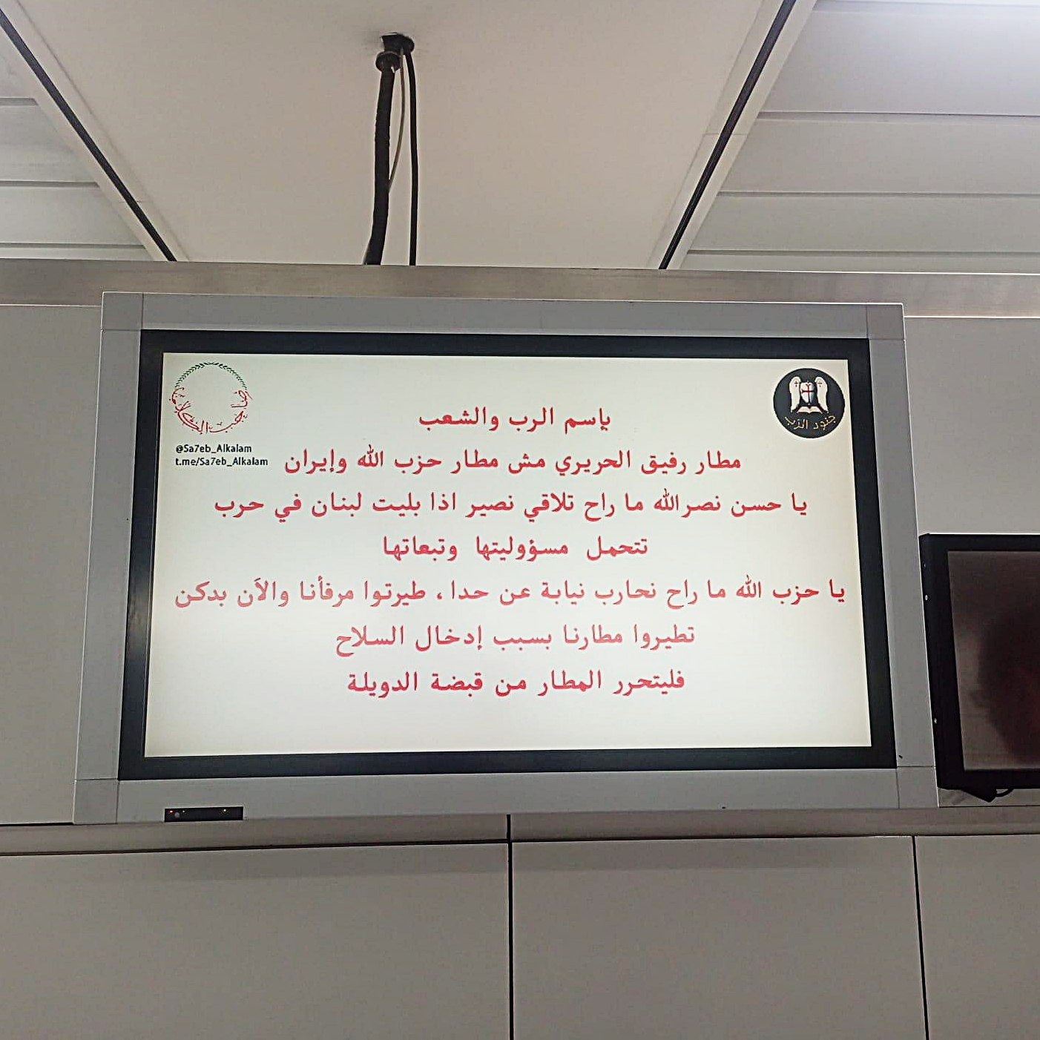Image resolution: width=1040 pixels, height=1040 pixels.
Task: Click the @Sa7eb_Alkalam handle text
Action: click(x=213, y=449)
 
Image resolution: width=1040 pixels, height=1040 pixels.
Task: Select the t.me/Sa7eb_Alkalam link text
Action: click(x=221, y=462)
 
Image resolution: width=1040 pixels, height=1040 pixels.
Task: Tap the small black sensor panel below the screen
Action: click(x=203, y=813)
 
